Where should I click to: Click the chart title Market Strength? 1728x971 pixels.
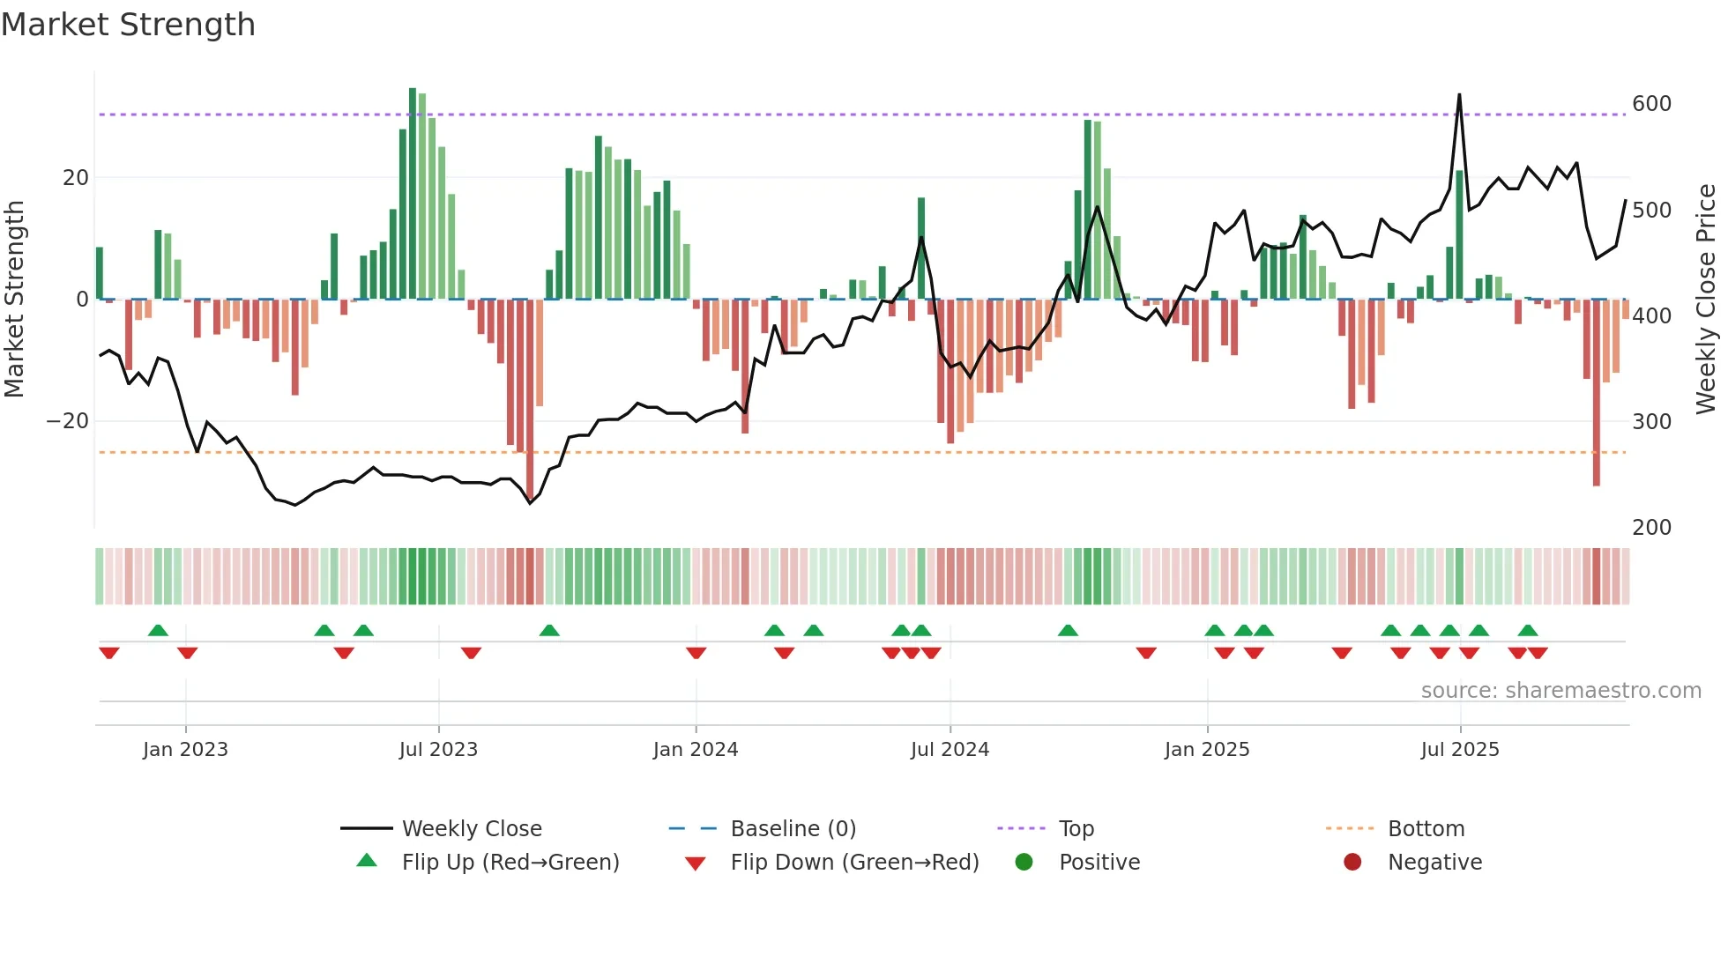click(129, 25)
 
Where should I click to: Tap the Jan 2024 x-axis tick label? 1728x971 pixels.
click(695, 750)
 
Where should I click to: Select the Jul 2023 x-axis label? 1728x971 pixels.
click(438, 750)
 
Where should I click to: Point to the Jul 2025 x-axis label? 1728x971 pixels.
click(1459, 750)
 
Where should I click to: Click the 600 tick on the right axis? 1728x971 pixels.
click(1651, 104)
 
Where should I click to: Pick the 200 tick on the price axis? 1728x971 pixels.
click(1651, 528)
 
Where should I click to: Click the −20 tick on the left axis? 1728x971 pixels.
click(68, 421)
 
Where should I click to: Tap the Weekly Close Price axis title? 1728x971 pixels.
click(1706, 300)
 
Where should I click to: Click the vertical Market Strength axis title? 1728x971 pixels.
click(15, 300)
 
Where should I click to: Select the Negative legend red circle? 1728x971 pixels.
click(1352, 863)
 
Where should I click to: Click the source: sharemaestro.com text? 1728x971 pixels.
click(1560, 691)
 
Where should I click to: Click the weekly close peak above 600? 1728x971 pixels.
click(1459, 95)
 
